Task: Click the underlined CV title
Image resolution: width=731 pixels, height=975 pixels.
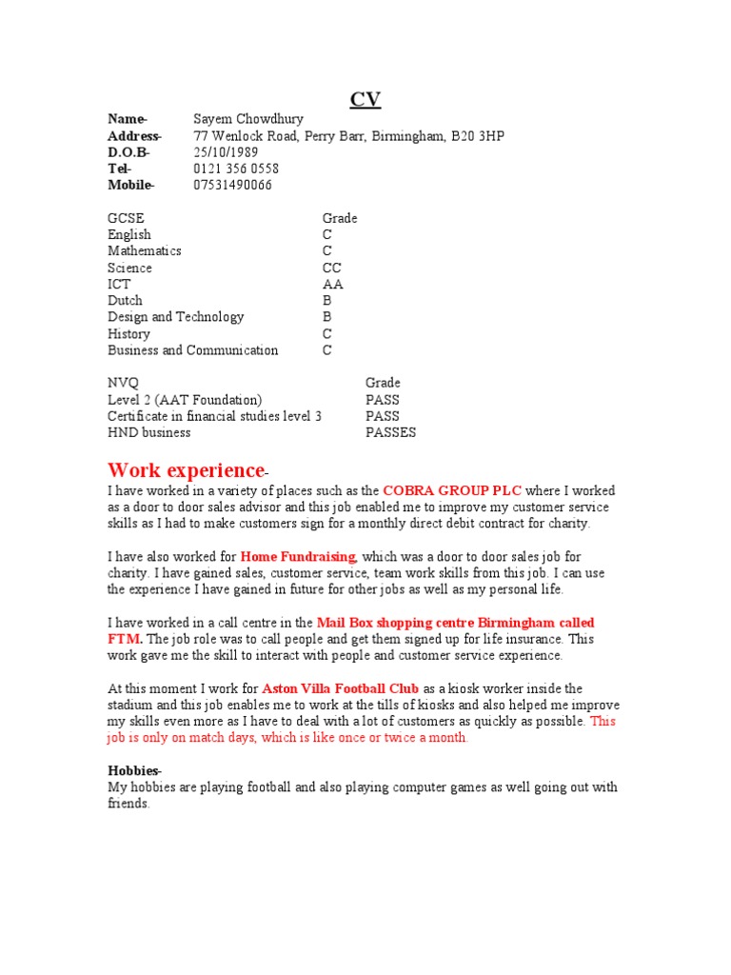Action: pyautogui.click(x=365, y=100)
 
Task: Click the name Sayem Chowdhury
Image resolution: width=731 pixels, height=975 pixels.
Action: pyautogui.click(x=248, y=119)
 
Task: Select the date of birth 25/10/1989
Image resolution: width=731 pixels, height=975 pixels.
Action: pyautogui.click(x=226, y=152)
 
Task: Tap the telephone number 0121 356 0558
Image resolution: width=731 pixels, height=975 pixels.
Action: pyautogui.click(x=236, y=169)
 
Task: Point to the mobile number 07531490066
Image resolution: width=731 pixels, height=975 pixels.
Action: pyautogui.click(x=232, y=185)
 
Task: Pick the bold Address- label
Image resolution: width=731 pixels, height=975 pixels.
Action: pyautogui.click(x=134, y=136)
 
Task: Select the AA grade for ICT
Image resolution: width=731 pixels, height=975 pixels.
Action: pyautogui.click(x=332, y=285)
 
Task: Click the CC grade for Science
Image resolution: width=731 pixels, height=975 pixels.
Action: pyautogui.click(x=331, y=268)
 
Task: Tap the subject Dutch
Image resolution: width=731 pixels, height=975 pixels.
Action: pyautogui.click(x=125, y=301)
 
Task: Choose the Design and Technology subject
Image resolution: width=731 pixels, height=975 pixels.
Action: pyautogui.click(x=175, y=317)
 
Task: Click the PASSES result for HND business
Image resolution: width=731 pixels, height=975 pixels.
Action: pyautogui.click(x=390, y=432)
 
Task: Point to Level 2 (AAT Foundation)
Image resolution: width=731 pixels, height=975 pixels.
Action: pyautogui.click(x=185, y=400)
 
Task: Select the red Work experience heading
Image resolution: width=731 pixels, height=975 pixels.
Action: pyautogui.click(x=186, y=470)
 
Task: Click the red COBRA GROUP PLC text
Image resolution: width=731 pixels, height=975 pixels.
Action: pyautogui.click(x=452, y=491)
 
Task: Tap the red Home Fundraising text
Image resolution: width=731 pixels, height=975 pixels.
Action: pyautogui.click(x=298, y=557)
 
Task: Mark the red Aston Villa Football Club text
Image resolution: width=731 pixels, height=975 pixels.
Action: pyautogui.click(x=340, y=688)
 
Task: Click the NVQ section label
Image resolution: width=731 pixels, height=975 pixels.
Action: pyautogui.click(x=123, y=383)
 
